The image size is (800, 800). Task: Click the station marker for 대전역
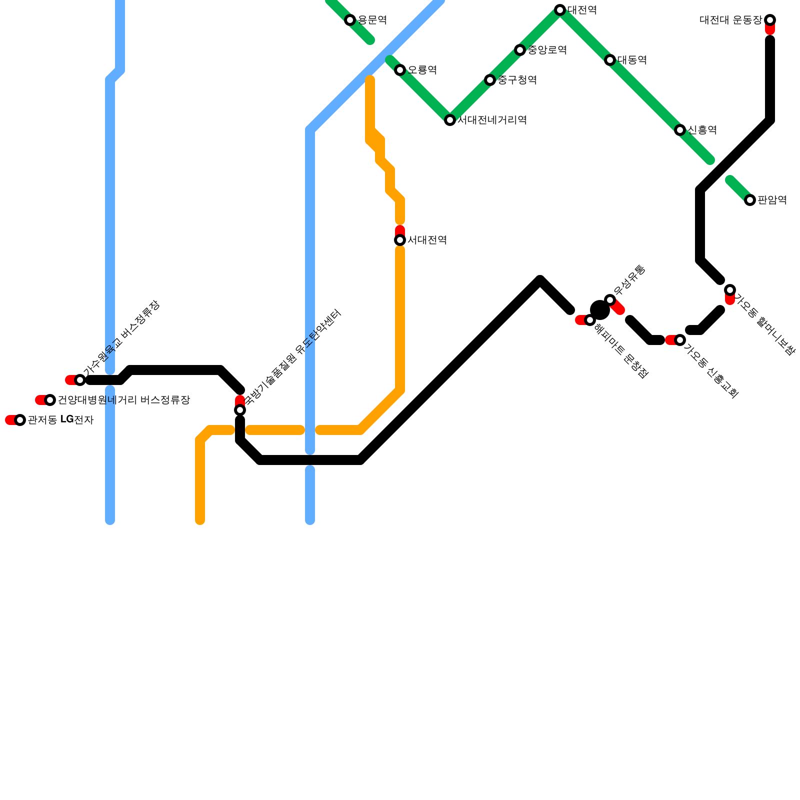[560, 10]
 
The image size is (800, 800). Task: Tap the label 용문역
[372, 20]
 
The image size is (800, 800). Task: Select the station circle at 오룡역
[400, 70]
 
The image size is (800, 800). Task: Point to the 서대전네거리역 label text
[492, 120]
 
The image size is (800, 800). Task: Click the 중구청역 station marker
[490, 80]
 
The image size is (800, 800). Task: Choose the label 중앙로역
[547, 50]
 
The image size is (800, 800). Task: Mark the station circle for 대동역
[610, 60]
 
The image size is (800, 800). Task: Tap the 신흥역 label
[702, 130]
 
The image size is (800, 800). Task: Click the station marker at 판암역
[750, 200]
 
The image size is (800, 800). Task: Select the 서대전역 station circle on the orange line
[400, 240]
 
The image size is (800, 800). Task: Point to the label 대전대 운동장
[730, 20]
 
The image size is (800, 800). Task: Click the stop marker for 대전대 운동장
[770, 20]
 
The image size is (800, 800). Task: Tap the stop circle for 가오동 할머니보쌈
[730, 290]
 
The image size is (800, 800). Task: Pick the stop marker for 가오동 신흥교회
[680, 340]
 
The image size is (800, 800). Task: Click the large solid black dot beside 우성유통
[599, 310]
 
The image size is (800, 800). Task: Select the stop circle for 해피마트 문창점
[590, 320]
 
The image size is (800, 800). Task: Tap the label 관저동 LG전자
[60, 420]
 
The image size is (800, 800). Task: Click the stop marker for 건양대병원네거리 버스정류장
[50, 400]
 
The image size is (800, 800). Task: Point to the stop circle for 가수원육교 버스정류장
[80, 380]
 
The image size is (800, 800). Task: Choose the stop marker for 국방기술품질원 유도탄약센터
[240, 410]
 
